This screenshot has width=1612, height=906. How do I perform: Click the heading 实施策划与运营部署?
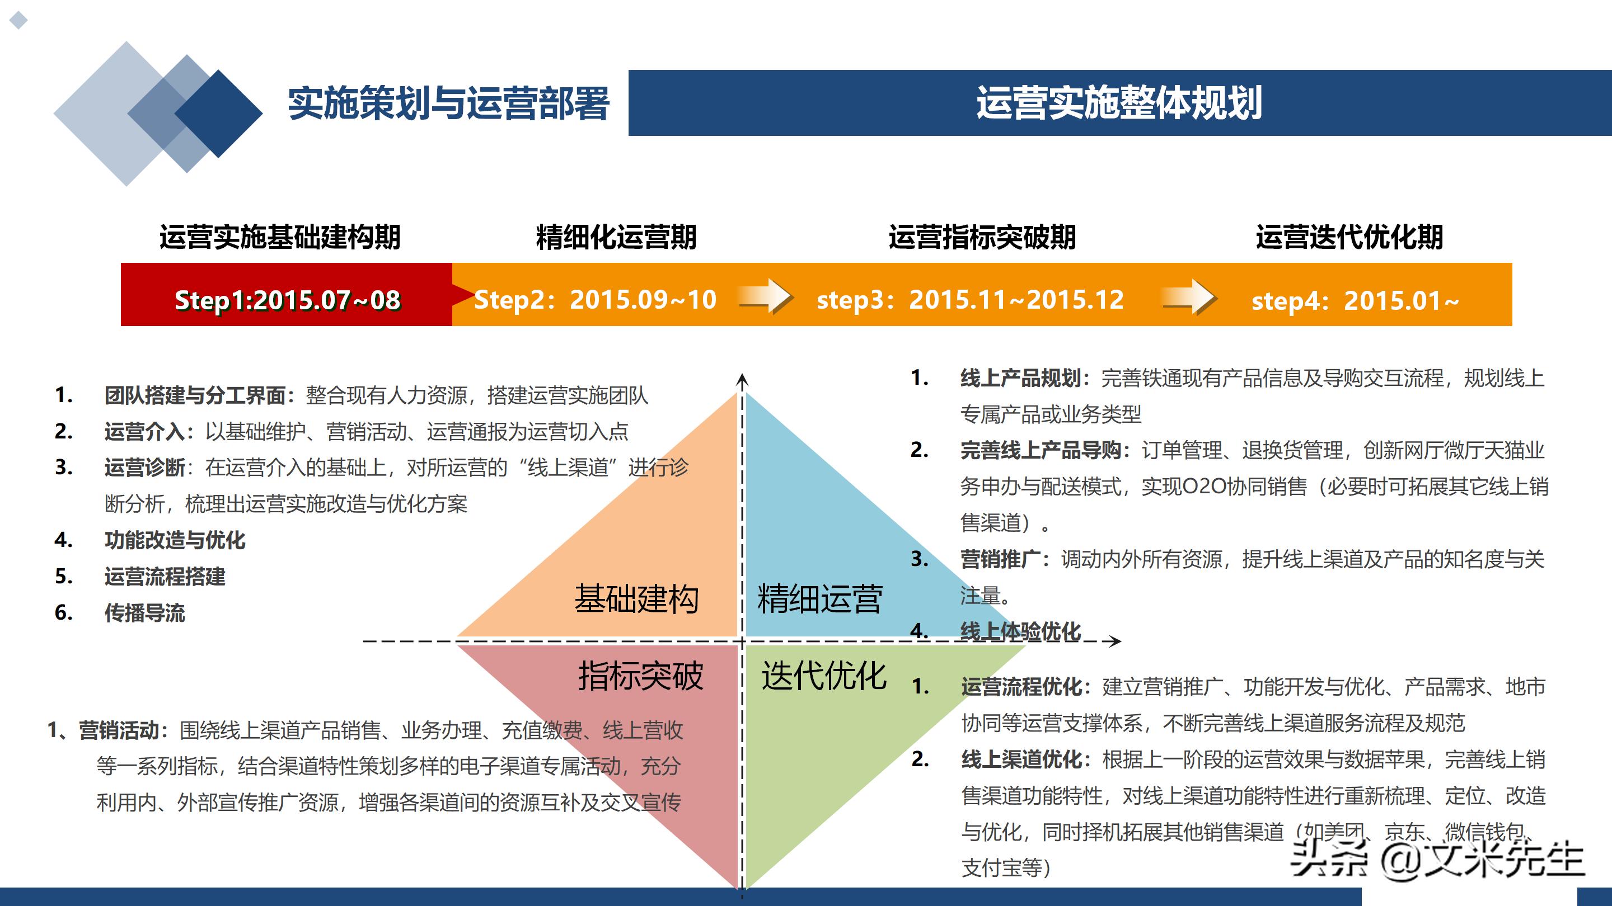tap(448, 104)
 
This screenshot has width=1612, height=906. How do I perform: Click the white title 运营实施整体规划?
tap(1119, 103)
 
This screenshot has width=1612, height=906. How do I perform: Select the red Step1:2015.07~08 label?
tap(287, 301)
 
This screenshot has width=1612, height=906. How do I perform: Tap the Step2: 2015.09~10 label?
tap(595, 300)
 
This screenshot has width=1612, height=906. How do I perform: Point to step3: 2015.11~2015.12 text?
tap(970, 300)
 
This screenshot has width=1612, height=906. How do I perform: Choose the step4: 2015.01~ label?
tap(1355, 301)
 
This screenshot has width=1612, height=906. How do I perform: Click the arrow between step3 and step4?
tap(1189, 297)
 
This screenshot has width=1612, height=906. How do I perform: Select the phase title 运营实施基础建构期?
tap(280, 238)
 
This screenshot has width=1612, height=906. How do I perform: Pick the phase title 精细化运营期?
tap(616, 238)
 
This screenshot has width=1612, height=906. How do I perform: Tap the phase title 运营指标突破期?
tap(982, 238)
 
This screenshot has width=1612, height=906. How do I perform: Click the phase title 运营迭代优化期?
tap(1349, 238)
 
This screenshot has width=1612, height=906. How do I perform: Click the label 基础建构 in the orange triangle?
tap(636, 599)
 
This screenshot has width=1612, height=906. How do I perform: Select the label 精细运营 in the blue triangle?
tap(820, 599)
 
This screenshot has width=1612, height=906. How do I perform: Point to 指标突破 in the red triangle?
tap(640, 676)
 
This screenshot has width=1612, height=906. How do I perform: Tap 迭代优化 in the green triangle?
tap(823, 676)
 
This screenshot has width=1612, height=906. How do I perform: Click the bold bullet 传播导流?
tap(144, 613)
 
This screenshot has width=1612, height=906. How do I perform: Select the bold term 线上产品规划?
tap(1020, 378)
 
